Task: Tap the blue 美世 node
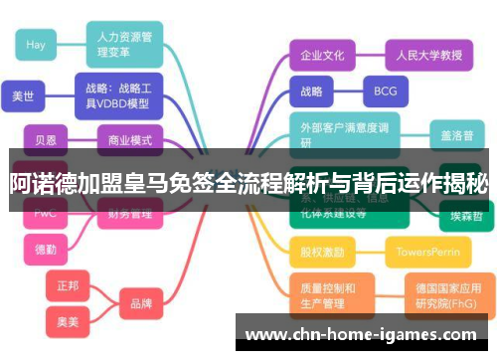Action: [23, 96]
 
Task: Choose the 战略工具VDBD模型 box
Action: [118, 95]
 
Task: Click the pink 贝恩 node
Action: [46, 140]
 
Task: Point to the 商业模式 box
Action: [128, 140]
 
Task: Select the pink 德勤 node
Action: [46, 248]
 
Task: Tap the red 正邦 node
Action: [68, 285]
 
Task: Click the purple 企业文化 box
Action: [322, 55]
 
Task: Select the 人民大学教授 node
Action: [422, 55]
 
